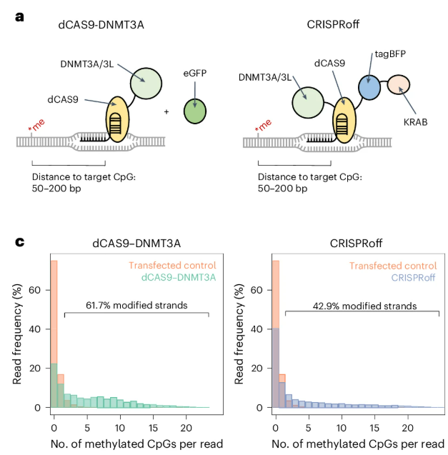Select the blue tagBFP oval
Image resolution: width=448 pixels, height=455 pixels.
pyautogui.click(x=369, y=86)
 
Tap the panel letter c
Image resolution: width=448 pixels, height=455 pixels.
pyautogui.click(x=21, y=242)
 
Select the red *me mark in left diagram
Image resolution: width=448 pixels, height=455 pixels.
pyautogui.click(x=36, y=129)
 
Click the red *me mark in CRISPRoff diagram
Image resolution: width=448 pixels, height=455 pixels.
pyautogui.click(x=264, y=129)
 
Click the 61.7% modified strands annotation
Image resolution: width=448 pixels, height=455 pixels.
pyautogui.click(x=136, y=305)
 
